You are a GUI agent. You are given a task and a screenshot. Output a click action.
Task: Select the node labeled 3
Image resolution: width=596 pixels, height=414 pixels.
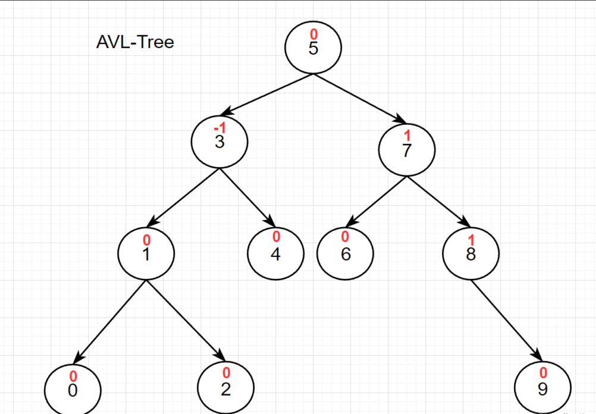pyautogui.click(x=219, y=141)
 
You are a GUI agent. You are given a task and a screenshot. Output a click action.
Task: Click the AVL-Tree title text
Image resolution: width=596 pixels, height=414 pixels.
pyautogui.click(x=135, y=42)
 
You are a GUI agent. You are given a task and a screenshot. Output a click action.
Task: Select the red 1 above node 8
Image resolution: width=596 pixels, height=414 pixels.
pyautogui.click(x=471, y=240)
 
